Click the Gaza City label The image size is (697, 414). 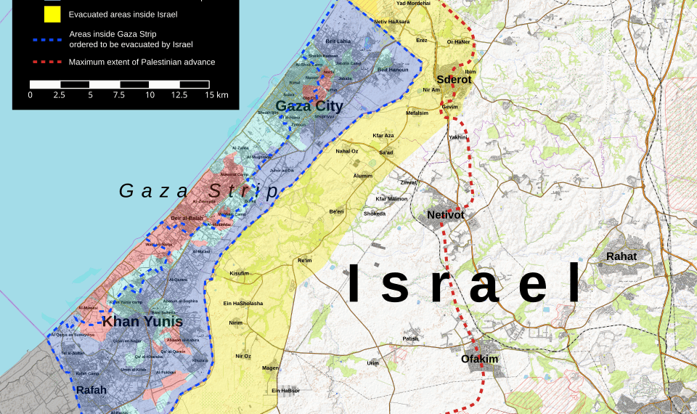[309, 107]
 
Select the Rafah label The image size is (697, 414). [91, 390]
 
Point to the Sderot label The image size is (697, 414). [454, 79]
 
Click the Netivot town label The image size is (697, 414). [445, 216]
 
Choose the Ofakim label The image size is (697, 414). [479, 359]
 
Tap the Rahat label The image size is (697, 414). [621, 256]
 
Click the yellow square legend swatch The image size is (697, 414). [52, 14]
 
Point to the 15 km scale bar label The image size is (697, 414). [217, 95]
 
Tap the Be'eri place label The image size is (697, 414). [336, 211]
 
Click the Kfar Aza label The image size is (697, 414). [383, 136]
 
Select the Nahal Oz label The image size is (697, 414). [346, 151]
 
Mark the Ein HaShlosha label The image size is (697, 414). [243, 303]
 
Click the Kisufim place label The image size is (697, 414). [239, 273]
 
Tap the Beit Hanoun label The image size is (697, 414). [393, 70]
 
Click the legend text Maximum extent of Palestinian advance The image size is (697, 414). [142, 62]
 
